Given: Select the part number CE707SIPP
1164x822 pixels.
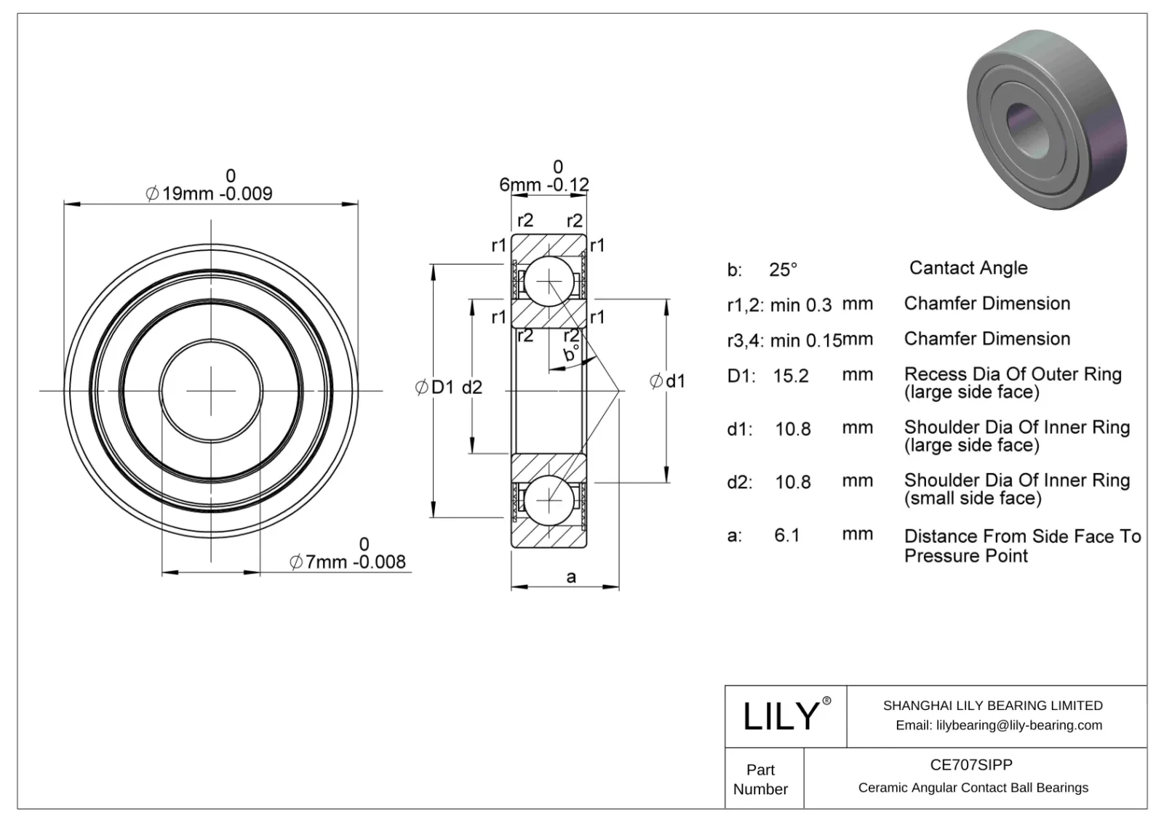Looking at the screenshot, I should tap(971, 765).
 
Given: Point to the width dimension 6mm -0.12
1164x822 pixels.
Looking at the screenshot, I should tap(543, 185).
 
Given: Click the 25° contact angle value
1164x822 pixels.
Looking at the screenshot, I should tap(784, 270).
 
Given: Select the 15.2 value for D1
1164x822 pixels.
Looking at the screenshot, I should tap(791, 376).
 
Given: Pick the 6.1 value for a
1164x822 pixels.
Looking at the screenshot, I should tap(786, 536).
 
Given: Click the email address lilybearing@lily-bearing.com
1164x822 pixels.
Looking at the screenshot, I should tap(998, 725).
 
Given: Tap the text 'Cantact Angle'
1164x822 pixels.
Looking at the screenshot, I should tap(968, 268).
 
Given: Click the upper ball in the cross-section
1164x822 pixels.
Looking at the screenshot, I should tap(549, 281).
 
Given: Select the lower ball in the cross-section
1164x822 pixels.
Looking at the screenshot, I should tap(549, 501).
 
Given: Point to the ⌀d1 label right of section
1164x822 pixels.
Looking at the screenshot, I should tap(667, 381).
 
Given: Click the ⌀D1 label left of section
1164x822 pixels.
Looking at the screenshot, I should tap(434, 387).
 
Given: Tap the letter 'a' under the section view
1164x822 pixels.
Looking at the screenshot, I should tap(571, 577).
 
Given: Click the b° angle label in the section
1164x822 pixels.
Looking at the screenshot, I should tap(571, 355).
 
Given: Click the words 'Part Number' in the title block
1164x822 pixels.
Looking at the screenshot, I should tap(760, 779).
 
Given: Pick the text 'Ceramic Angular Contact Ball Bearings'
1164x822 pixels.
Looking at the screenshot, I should tap(973, 788).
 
